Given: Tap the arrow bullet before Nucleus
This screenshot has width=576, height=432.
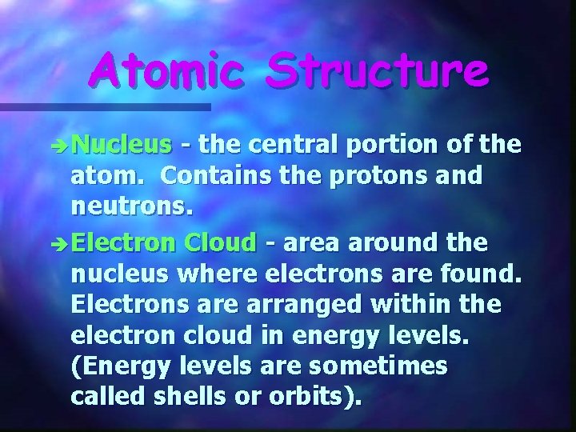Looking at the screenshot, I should coord(61,146).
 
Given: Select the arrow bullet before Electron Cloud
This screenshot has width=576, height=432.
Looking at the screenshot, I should coord(61,243).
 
